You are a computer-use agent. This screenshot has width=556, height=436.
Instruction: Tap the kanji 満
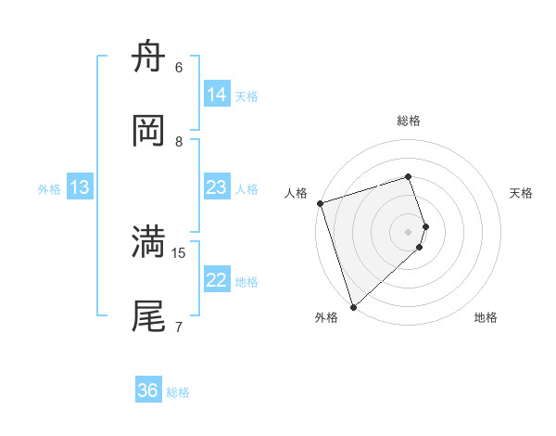pos(149,242)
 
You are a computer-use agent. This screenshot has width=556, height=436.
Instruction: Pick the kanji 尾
pos(149,315)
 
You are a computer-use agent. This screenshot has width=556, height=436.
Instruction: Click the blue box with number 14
pos(217,95)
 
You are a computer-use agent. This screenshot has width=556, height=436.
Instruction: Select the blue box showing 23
pos(217,187)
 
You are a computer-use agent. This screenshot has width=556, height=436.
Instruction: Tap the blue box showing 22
pos(217,280)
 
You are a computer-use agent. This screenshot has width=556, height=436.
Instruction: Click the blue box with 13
pos(81,188)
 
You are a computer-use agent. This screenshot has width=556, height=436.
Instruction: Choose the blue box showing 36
pos(148,391)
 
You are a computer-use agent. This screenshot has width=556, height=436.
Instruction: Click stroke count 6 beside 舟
pos(179,68)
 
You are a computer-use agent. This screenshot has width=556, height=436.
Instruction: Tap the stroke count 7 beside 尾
pos(179,326)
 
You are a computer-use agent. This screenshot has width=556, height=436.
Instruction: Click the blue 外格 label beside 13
pos(49,189)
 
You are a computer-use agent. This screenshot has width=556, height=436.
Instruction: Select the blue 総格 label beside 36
pos(178,392)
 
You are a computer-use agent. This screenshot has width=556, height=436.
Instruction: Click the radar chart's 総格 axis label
pos(409,121)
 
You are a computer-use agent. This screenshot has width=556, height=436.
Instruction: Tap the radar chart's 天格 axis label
pos(522,193)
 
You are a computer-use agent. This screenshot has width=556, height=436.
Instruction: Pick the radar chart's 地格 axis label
pos(486,317)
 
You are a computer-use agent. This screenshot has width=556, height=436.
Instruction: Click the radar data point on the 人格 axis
pos(320,203)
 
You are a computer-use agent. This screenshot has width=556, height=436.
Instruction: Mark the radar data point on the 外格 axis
pos(353,306)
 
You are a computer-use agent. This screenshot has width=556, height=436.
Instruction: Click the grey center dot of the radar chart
pos(409,231)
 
